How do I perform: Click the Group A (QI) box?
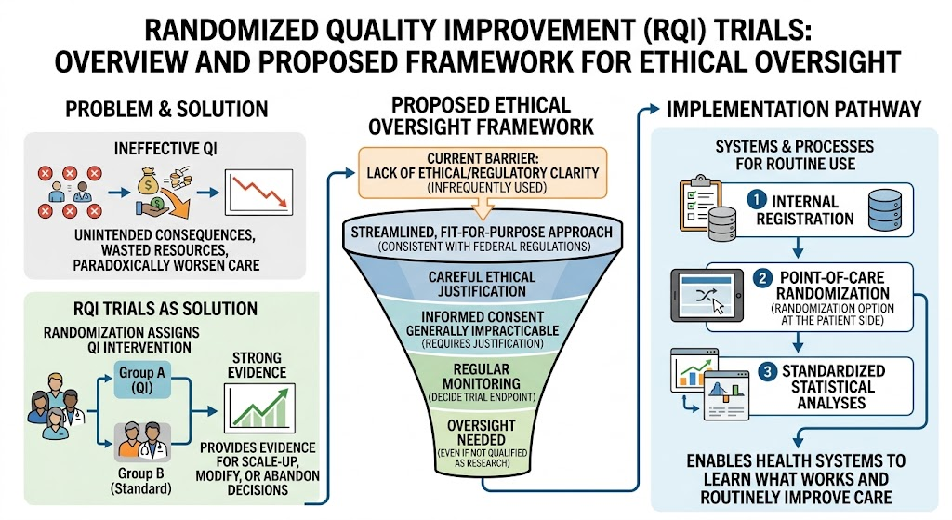[x=142, y=380]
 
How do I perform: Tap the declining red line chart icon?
[x=258, y=192]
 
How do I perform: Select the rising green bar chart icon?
[x=259, y=408]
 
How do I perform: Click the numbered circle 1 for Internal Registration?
[x=756, y=199]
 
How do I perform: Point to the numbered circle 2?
[x=762, y=278]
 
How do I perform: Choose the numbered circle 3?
[x=767, y=370]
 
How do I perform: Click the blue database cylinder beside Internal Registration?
[x=885, y=209]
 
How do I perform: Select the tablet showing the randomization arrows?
[x=707, y=295]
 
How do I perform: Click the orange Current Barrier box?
[x=483, y=172]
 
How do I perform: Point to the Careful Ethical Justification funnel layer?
[x=483, y=284]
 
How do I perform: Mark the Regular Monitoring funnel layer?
[x=483, y=383]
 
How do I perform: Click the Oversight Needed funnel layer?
[x=482, y=442]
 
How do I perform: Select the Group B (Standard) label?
[x=141, y=481]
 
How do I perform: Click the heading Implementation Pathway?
[x=794, y=110]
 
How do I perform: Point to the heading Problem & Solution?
[x=166, y=110]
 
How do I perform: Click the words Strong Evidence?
[x=257, y=365]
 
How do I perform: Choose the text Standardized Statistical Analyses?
[x=833, y=387]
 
